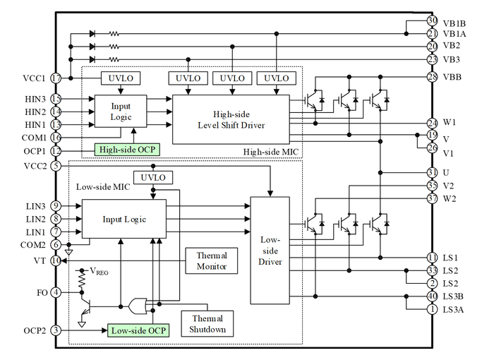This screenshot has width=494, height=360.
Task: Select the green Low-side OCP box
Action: pos(139,330)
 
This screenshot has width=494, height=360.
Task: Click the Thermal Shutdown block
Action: pos(207,324)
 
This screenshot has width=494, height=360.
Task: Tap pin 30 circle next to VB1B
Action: pos(433,21)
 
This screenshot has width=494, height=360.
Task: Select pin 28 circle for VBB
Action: pos(433,77)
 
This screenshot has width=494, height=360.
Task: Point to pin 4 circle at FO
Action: pos(56,292)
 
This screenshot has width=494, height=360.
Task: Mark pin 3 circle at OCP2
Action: pos(56,330)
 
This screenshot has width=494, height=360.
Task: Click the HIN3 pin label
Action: pos(34,100)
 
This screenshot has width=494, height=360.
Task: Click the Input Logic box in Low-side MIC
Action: pos(124,219)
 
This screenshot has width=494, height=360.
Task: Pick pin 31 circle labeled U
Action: pos(433,172)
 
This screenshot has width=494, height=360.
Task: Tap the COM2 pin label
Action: pos(34,245)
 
